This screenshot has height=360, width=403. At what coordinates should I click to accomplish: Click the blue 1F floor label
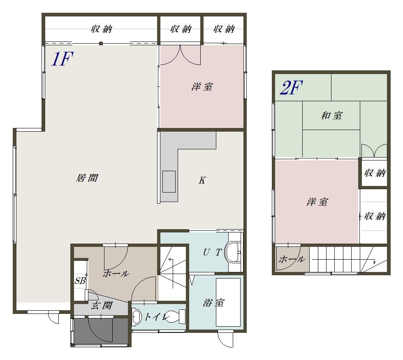point(63,58)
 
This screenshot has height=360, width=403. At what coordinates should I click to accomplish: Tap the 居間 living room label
point(87,178)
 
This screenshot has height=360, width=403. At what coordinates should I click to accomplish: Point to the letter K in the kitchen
point(202,180)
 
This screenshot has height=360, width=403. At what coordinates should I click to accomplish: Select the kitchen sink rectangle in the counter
point(169,181)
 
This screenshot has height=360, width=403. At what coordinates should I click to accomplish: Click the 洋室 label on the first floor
point(202,87)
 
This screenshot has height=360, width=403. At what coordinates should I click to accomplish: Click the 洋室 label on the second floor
point(317,202)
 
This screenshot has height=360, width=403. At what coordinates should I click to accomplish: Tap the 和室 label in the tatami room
point(331,116)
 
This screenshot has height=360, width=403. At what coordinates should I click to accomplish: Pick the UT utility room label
point(212,253)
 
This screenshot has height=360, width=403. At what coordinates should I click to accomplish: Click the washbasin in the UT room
point(233,252)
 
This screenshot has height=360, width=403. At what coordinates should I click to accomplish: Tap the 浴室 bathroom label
point(213,303)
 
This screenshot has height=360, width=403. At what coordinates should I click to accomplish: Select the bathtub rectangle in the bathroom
point(228,302)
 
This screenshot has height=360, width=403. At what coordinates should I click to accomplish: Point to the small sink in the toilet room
point(137,316)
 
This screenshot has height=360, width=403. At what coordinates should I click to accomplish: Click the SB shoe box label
point(80,281)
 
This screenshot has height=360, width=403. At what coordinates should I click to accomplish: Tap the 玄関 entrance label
point(102,305)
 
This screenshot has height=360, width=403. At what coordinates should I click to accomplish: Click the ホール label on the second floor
point(292,259)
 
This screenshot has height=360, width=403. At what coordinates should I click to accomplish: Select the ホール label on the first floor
point(116,273)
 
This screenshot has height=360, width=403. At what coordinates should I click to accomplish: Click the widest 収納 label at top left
point(102,29)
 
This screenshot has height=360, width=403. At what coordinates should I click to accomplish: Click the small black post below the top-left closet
point(101,44)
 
